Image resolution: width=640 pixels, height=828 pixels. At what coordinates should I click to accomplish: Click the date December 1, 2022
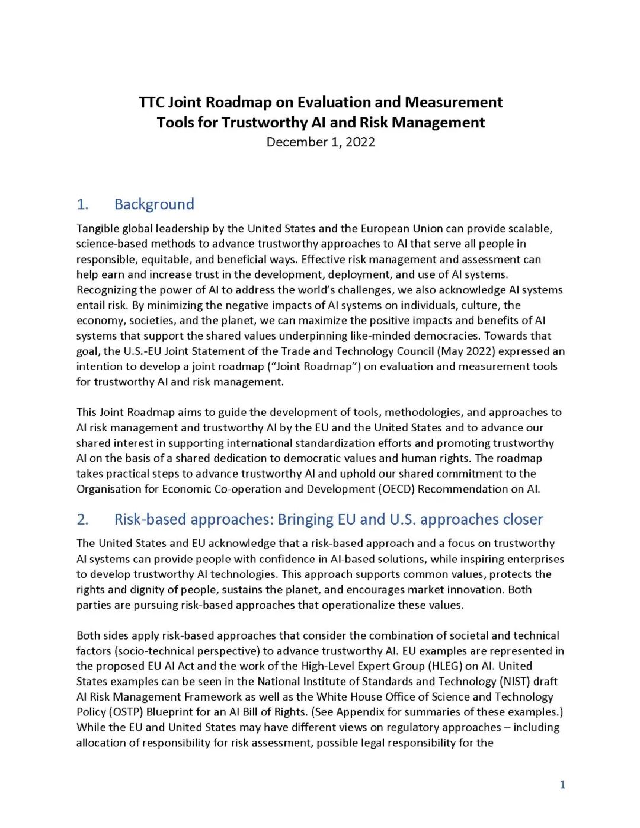pyautogui.click(x=321, y=142)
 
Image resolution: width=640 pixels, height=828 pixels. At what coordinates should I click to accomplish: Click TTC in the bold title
pyautogui.click(x=152, y=103)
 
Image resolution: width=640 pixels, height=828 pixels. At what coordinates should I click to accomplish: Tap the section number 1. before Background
pyautogui.click(x=82, y=204)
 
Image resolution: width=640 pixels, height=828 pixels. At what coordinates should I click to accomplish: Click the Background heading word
pyautogui.click(x=154, y=204)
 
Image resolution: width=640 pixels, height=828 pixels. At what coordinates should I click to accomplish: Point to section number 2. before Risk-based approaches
pyautogui.click(x=82, y=520)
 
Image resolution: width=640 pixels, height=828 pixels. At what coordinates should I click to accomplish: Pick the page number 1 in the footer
pyautogui.click(x=562, y=785)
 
